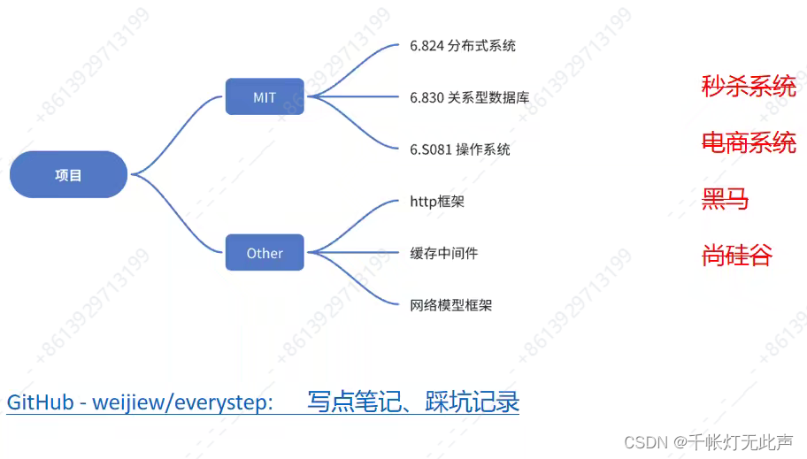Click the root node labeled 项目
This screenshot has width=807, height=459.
click(68, 174)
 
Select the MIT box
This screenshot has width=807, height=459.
click(265, 97)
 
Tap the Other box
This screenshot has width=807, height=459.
click(265, 253)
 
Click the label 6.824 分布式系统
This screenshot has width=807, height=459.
click(462, 45)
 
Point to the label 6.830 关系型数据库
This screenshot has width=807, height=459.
click(469, 97)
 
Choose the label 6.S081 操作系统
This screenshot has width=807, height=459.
click(460, 149)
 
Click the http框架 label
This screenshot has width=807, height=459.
click(437, 202)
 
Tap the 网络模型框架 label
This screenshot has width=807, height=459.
click(450, 305)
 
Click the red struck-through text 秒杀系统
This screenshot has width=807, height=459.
click(748, 86)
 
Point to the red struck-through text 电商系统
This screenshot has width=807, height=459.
click(748, 142)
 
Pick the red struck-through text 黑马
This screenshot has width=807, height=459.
click(725, 199)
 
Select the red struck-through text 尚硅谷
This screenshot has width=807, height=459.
click(736, 256)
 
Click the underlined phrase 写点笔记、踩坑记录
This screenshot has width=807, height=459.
click(412, 402)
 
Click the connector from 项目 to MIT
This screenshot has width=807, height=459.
click(177, 133)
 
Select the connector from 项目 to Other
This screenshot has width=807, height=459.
click(177, 217)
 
